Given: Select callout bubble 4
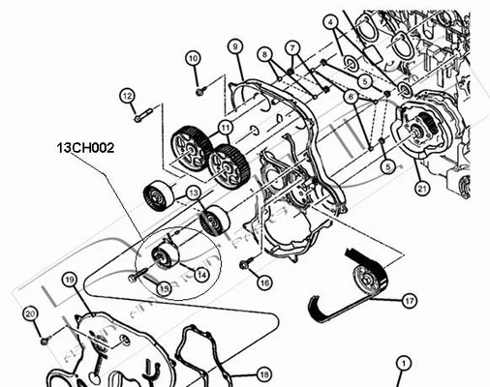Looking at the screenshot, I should coord(330,21).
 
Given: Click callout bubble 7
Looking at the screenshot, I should coord(292,47).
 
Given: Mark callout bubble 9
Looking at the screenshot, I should coord(235,45).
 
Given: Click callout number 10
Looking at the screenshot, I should coord(193,58).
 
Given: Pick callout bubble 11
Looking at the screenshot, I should coord(224,126).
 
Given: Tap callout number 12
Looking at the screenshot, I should coord(127,95).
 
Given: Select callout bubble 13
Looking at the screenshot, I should coord(194,193).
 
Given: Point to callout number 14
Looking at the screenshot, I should coord(201,274).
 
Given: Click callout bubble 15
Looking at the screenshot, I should coord(165,287).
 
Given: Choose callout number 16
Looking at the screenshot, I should coord(263,282).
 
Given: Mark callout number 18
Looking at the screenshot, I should coord(263,373).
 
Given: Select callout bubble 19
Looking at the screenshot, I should coord(69,280).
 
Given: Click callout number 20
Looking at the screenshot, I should coord(29,313).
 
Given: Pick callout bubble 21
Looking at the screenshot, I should coord(421,189).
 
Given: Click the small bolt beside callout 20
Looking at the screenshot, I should coord(45,339).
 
